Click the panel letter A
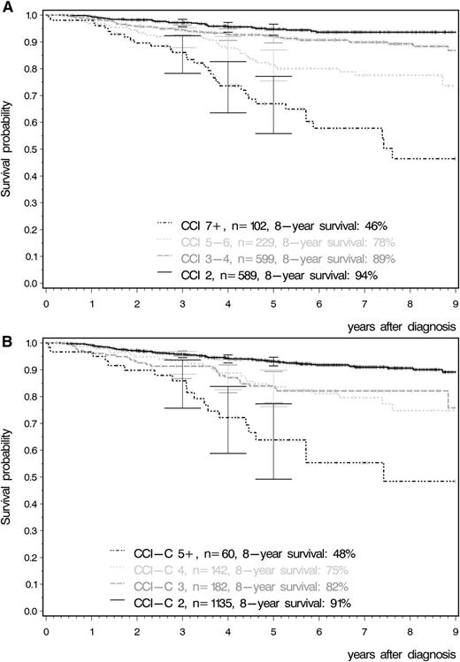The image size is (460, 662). (x=6, y=6)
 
